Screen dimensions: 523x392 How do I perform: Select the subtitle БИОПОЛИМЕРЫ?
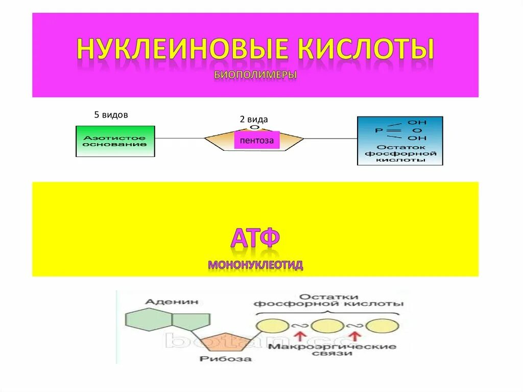(255, 75)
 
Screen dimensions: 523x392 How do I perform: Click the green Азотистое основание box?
(115, 141)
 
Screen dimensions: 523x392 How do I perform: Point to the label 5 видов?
(111, 115)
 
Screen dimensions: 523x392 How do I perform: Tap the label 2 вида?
(254, 119)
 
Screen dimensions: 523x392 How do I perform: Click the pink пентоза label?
(257, 140)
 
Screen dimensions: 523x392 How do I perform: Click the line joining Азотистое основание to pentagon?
(179, 138)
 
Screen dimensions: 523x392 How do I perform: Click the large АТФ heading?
(255, 238)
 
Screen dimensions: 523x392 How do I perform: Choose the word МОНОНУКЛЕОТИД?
(255, 265)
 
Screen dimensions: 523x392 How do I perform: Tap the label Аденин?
(164, 302)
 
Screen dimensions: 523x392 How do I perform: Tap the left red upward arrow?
(300, 336)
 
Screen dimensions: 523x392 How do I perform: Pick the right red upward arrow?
(356, 336)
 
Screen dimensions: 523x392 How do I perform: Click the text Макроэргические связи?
(332, 350)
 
